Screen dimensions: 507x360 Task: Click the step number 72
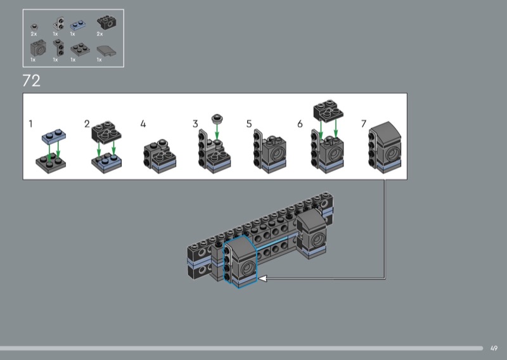pos(31,81)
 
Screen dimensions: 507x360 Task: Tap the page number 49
pos(494,349)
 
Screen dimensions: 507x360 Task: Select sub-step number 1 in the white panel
pos(30,124)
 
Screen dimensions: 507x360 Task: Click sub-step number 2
pos(87,124)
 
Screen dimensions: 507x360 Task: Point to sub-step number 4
pos(143,124)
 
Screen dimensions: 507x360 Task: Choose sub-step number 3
pos(195,124)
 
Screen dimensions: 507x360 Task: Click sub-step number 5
pos(248,124)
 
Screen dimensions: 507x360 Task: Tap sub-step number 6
pos(300,124)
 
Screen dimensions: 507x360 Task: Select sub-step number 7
pos(363,124)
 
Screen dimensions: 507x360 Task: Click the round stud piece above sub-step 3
pos(217,119)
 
